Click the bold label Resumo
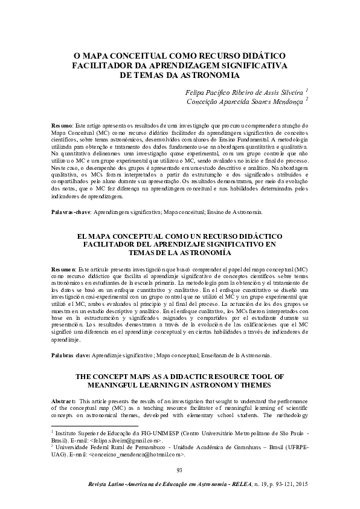[x=62, y=124]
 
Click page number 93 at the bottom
[x=179, y=471]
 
